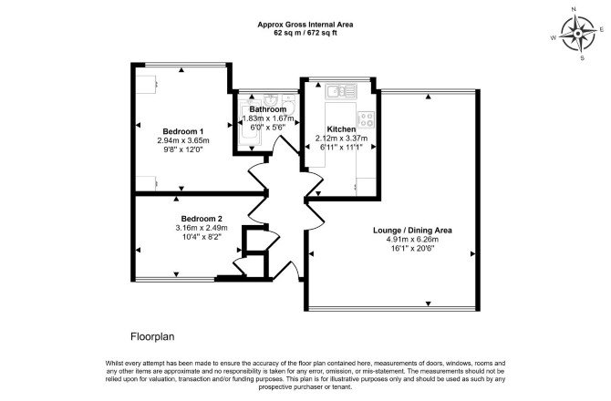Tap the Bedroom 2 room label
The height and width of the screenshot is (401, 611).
point(202,219)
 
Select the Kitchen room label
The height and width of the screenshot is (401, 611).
point(341,129)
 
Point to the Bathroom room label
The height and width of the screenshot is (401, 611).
point(268,109)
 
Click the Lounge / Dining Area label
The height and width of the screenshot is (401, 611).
point(412,230)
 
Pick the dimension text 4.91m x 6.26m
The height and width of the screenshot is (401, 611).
point(412,240)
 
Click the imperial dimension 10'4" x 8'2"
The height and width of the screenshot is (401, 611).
point(202,237)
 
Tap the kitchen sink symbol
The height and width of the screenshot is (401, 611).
point(341,91)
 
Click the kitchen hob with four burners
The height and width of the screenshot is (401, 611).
point(367,119)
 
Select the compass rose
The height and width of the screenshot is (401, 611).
point(578,34)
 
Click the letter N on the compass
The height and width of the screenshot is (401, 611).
point(574,20)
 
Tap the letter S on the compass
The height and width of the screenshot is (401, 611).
point(583,58)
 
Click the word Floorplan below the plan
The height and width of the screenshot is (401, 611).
point(152,337)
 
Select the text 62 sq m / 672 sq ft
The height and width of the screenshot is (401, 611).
point(305,33)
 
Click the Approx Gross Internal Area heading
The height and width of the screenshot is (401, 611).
point(305,25)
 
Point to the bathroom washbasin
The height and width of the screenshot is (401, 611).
point(270,98)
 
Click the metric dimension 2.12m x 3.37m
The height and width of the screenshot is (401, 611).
point(341,139)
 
